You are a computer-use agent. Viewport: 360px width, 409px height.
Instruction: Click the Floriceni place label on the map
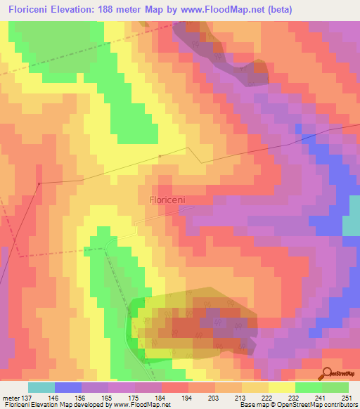(167, 200)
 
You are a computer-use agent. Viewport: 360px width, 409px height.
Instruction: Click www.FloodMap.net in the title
(223, 10)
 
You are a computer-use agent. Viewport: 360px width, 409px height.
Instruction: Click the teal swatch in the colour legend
(41, 387)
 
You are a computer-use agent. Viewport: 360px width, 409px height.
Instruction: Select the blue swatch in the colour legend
(68, 387)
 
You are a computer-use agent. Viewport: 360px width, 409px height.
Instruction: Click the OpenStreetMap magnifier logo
(327, 373)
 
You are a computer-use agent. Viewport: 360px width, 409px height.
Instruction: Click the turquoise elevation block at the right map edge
(351, 225)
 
